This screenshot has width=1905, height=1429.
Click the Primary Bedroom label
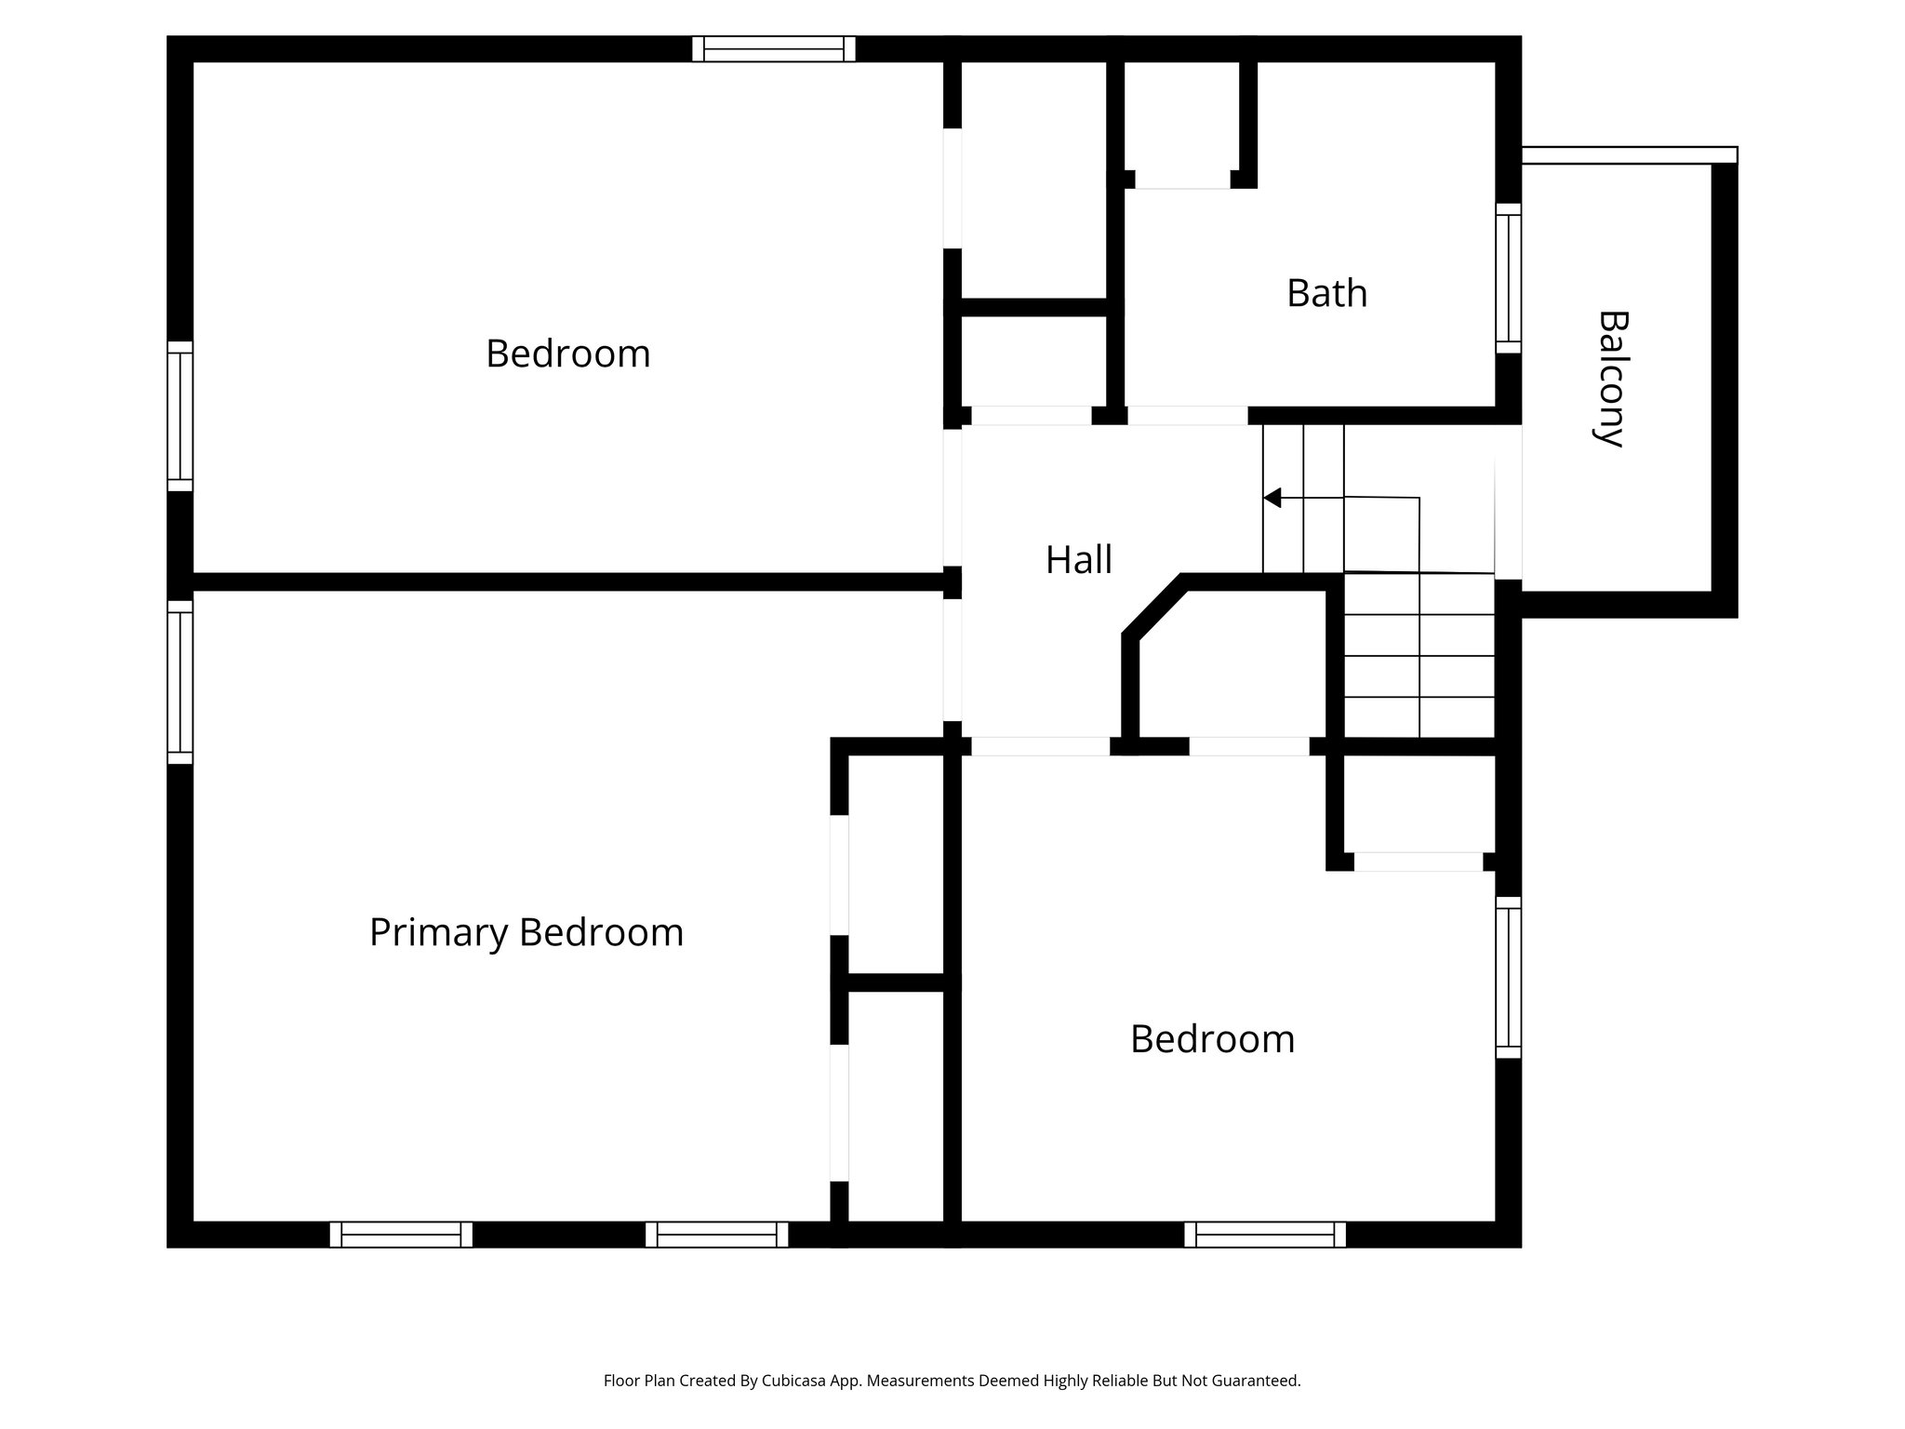pos(526,932)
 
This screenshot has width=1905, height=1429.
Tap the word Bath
pos(1326,294)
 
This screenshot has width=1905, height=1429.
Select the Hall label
pos(1078,560)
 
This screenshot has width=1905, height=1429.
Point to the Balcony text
pos(1613,379)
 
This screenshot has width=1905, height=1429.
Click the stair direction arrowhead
pos(1272,498)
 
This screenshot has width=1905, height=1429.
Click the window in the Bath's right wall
pos(1508,278)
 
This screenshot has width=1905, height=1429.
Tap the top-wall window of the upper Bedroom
pos(773,48)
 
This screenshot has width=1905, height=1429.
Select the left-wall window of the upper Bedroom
pos(180,416)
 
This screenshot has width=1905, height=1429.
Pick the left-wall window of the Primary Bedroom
pos(180,682)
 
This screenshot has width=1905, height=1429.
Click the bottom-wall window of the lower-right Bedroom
pos(1264,1235)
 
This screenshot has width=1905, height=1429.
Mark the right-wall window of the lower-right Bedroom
pos(1508,977)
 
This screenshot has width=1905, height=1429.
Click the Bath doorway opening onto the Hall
pos(1187,416)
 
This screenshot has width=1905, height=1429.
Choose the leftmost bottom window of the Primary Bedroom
pos(401,1235)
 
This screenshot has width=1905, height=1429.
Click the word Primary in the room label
pos(439,932)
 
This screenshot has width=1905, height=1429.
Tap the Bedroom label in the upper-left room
pos(567,354)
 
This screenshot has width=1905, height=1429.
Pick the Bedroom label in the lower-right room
pos(1212,1039)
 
